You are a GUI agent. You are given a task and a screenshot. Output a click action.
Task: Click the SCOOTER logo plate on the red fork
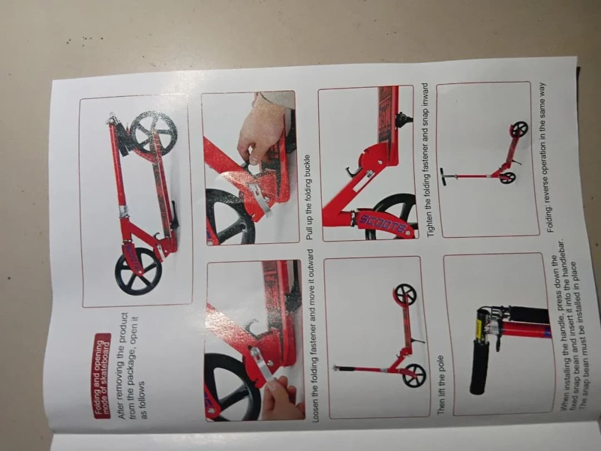coord(383,223)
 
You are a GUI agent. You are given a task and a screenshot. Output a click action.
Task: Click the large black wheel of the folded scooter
coord(139,271)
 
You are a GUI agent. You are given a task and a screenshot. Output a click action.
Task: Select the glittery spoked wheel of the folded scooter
coord(154,133)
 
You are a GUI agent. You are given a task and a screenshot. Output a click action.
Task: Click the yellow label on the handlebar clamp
coord(479,329)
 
